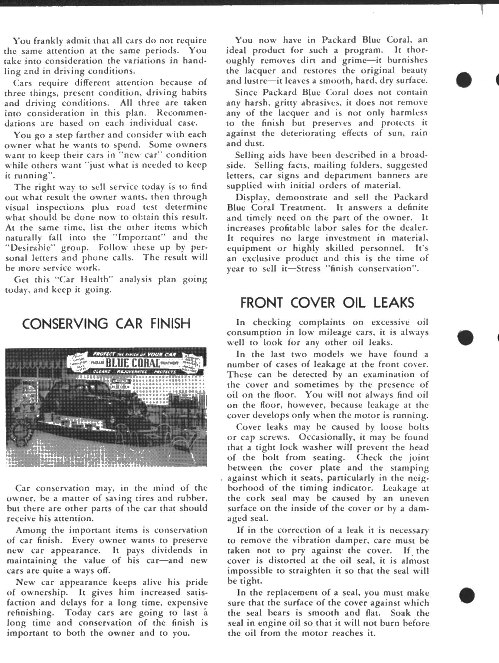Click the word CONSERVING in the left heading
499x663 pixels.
pos(65,324)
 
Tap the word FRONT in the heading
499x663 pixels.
pos(261,303)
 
